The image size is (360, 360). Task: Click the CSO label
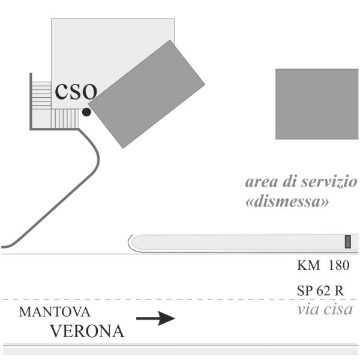point(76,92)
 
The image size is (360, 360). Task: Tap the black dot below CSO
point(86,112)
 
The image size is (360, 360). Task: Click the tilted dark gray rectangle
point(146,94)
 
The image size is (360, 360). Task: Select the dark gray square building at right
point(317,104)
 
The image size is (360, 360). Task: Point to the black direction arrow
point(156,318)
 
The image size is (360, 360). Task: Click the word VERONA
point(87,331)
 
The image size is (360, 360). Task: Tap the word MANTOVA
point(55,312)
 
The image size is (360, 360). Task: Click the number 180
point(339,265)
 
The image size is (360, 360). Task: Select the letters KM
point(308,265)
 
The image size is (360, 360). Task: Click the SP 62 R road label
point(320,290)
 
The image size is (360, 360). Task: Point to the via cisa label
point(325,309)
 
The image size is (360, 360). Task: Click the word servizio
point(329,182)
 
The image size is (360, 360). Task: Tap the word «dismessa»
point(287,202)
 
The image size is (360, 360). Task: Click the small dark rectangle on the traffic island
point(348,242)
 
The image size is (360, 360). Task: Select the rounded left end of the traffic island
point(134,243)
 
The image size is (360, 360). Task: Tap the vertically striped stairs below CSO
point(65,118)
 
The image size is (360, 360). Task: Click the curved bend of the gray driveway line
point(98,158)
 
